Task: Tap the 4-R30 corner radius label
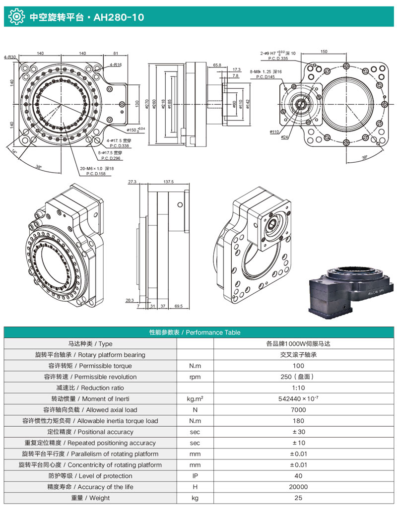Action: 10,57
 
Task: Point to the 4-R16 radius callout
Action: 116,65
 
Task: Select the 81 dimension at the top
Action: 115,53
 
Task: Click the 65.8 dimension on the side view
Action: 217,65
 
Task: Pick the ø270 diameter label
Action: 147,104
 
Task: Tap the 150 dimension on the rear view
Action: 324,52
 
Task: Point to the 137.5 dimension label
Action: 168,182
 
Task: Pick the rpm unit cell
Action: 195,377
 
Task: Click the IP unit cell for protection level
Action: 195,476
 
